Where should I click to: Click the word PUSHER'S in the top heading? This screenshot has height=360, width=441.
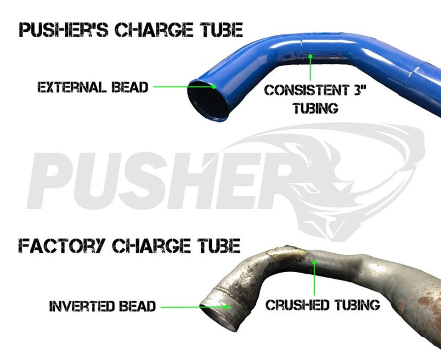63,30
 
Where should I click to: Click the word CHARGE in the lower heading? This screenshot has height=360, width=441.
150,246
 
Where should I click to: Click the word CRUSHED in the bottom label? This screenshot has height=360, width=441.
298,305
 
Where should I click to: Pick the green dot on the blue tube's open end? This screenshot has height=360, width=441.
214,87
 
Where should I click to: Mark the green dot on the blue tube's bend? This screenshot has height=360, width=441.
310,56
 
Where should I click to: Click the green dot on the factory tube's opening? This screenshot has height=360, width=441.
227,307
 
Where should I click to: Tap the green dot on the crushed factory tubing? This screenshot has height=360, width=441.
314,263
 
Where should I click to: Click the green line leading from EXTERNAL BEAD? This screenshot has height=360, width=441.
183,87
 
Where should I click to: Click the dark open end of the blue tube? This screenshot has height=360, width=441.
208,100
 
